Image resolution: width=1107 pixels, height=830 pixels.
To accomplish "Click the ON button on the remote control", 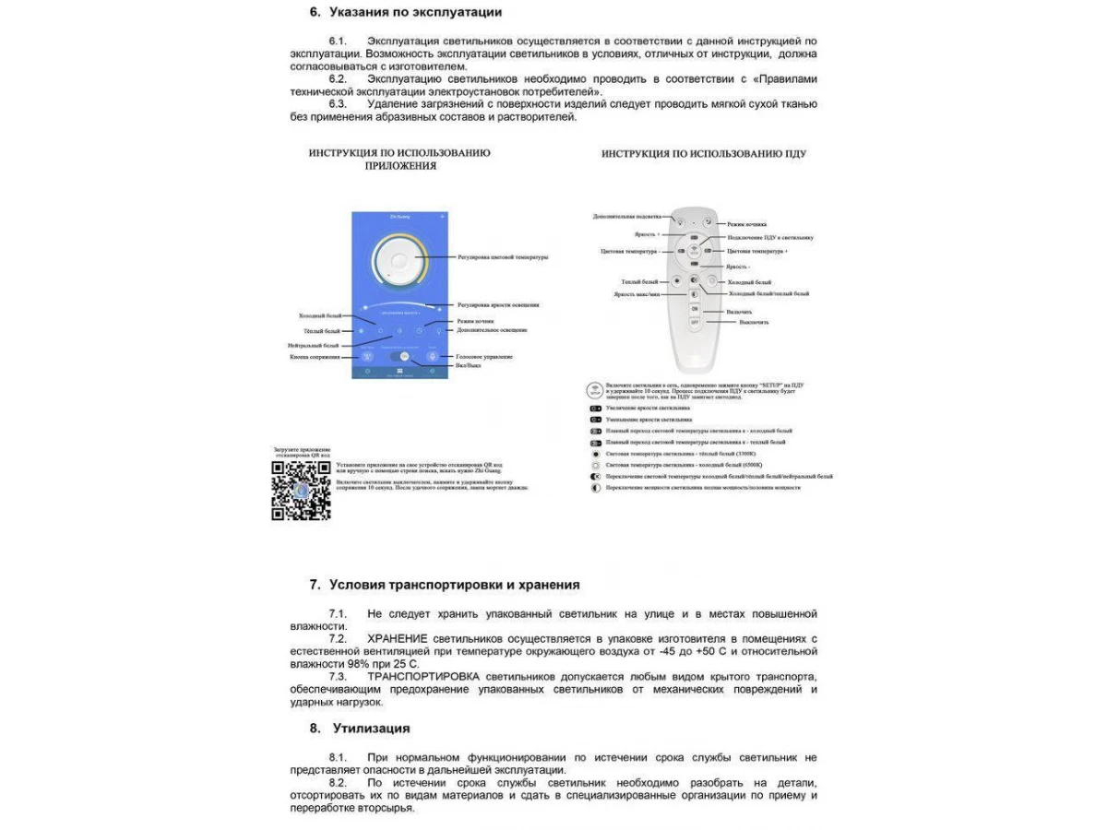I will click(x=695, y=307).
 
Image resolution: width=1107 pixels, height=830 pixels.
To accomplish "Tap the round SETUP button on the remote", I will click(x=694, y=249).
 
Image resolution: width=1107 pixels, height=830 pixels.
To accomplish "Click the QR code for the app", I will click(x=301, y=490).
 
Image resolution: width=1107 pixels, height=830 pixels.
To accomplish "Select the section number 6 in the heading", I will click(x=314, y=12).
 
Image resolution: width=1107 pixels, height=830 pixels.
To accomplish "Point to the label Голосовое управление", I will click(x=485, y=356).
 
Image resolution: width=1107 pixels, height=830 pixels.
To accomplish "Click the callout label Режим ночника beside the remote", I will click(x=747, y=224).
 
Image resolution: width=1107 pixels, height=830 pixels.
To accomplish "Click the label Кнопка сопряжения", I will click(x=314, y=356).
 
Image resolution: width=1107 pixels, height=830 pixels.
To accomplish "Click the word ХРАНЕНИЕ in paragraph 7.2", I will click(x=397, y=638).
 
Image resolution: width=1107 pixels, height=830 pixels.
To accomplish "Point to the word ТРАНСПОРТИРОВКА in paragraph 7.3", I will click(x=423, y=676).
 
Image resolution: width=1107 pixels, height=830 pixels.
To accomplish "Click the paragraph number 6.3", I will click(x=338, y=104).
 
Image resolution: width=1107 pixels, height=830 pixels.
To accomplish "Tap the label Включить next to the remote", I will click(x=739, y=312).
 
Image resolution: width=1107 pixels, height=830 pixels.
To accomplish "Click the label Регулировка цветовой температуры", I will click(x=503, y=256).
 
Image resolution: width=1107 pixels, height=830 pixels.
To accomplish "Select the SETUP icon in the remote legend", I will click(x=595, y=390).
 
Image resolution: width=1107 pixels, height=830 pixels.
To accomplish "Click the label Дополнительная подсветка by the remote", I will click(x=627, y=216).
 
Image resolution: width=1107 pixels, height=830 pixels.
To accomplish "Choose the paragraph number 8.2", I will click(x=338, y=783).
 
